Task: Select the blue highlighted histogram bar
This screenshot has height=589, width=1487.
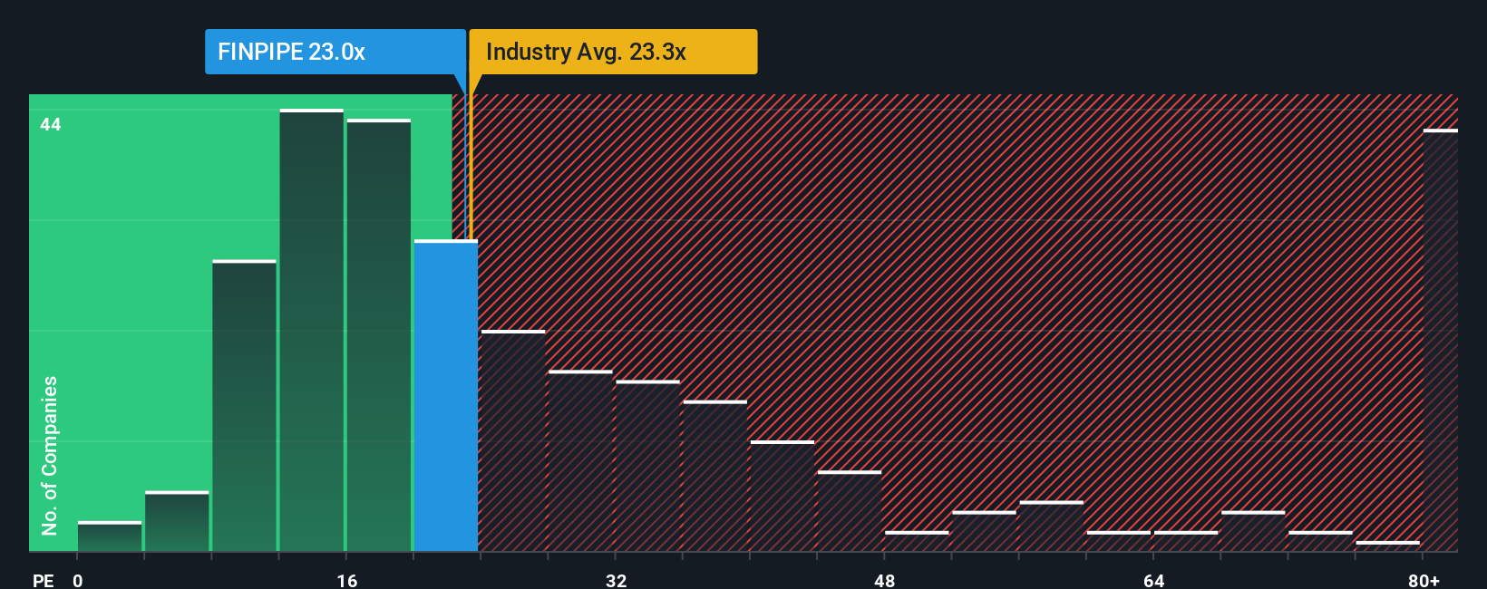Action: pyautogui.click(x=446, y=396)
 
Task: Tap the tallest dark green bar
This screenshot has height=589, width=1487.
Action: pyautogui.click(x=312, y=331)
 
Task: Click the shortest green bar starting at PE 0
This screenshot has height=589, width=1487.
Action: pyautogui.click(x=110, y=536)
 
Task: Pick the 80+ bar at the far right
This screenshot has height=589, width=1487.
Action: pyautogui.click(x=1440, y=341)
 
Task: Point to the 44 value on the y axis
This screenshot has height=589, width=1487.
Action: pyautogui.click(x=51, y=125)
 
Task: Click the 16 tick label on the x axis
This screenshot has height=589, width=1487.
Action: pyautogui.click(x=347, y=580)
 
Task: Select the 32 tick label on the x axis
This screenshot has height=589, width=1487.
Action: pyautogui.click(x=617, y=580)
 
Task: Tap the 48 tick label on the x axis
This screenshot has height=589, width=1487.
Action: pyautogui.click(x=885, y=580)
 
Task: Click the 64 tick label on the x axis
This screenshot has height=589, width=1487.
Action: pyautogui.click(x=1153, y=580)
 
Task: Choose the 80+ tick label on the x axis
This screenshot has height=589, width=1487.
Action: pyautogui.click(x=1424, y=580)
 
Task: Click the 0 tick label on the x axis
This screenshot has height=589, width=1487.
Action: pyautogui.click(x=78, y=580)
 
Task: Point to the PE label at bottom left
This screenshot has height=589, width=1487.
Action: pyautogui.click(x=44, y=580)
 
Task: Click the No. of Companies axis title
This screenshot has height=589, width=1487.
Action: pyautogui.click(x=50, y=455)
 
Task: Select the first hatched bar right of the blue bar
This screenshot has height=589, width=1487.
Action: pyautogui.click(x=513, y=441)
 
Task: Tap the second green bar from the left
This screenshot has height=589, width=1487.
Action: pyautogui.click(x=177, y=522)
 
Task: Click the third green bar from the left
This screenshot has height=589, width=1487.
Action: pyautogui.click(x=245, y=406)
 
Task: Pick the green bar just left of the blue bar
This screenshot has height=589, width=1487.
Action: pyautogui.click(x=379, y=335)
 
